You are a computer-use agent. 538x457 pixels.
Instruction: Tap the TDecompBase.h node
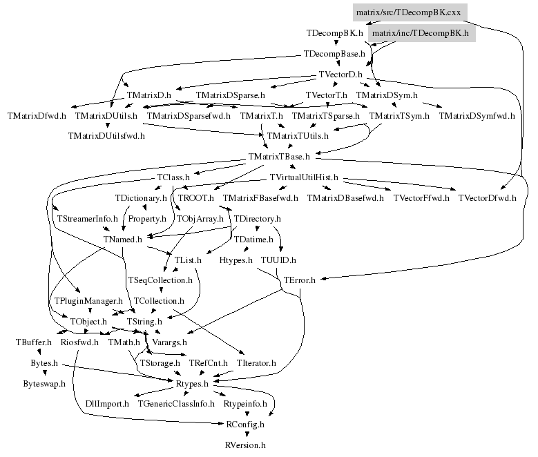[x=334, y=54]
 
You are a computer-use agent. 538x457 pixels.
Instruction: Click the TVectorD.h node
[x=340, y=75]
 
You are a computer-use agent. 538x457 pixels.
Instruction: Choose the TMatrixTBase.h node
[x=279, y=157]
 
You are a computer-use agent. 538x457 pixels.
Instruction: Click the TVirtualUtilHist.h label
[x=304, y=177]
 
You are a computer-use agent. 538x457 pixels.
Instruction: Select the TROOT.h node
[x=196, y=198]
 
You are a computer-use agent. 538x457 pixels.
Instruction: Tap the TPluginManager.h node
[x=88, y=301]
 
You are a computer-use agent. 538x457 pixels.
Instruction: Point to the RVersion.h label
[x=245, y=445]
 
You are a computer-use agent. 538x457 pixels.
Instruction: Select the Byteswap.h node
[x=44, y=383]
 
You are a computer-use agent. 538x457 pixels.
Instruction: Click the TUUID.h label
[x=279, y=260]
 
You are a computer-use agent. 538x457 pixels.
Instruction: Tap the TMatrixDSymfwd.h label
[x=477, y=115]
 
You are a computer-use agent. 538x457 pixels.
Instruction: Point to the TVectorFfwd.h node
[x=421, y=198]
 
